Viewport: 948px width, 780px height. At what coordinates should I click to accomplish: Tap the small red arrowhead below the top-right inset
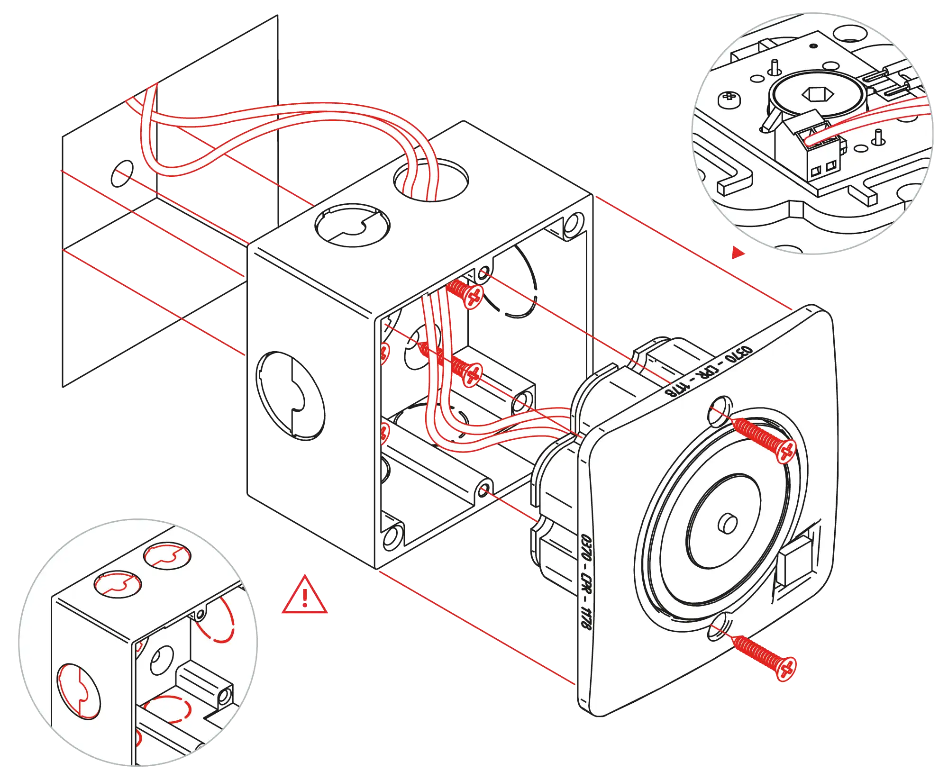[x=738, y=252]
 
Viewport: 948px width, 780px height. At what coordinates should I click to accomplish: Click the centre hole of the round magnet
[x=728, y=523]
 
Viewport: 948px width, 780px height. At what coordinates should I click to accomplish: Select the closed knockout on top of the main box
[x=352, y=225]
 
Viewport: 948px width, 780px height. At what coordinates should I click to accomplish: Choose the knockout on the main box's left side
[x=290, y=396]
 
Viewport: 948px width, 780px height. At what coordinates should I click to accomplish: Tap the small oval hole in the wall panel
[x=123, y=173]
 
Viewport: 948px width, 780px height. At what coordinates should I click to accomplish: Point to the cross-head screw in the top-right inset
[x=729, y=99]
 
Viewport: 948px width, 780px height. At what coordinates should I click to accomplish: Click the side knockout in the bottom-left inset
[x=79, y=691]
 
